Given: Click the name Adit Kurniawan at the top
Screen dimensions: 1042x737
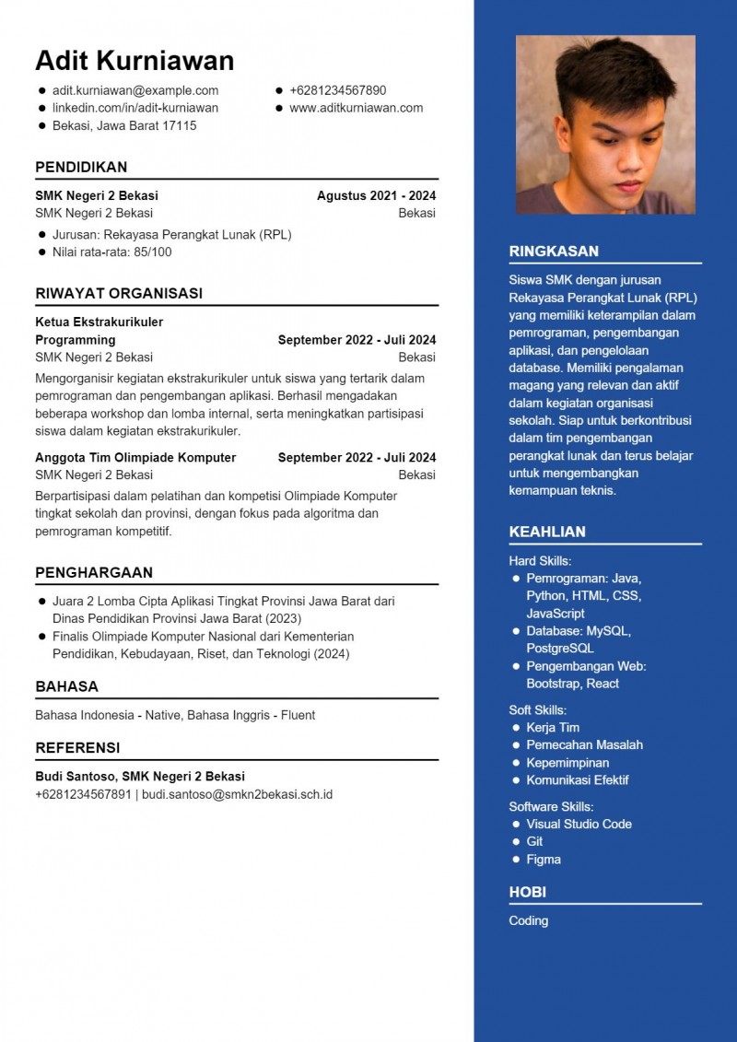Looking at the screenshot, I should coord(135,61).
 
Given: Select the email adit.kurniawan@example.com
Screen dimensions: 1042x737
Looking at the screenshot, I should coord(135,90).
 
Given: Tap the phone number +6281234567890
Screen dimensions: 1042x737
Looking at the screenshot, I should coord(338,90).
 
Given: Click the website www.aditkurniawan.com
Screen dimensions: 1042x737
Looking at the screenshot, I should coord(357,108).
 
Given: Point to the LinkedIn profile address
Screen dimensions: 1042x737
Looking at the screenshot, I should coord(135,108).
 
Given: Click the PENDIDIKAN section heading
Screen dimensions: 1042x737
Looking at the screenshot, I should coord(81,167).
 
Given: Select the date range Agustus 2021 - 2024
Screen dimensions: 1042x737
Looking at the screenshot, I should coord(376,195).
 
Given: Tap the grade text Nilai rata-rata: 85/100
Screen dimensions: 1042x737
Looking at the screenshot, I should coord(111,252).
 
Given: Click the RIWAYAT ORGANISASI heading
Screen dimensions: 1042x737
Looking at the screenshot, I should coord(119,293).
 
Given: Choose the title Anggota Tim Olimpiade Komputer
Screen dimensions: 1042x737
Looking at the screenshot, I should coord(135,457).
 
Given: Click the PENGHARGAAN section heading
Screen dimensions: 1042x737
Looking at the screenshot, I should coord(94,572).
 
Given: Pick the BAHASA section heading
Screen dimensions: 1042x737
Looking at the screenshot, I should coord(66,686).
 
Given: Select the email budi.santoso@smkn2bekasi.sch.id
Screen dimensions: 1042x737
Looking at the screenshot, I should coord(237,794).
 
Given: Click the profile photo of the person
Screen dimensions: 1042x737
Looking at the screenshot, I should coord(605,124).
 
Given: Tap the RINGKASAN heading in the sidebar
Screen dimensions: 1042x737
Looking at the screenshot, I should coord(554,251).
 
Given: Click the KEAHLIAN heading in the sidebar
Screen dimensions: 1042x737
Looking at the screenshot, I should coord(547,532).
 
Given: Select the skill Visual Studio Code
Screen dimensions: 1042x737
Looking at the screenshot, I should coord(579,824).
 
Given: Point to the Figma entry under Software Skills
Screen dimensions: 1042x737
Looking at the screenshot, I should coord(544,860).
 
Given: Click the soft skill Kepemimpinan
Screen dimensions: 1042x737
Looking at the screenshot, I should coord(567,763).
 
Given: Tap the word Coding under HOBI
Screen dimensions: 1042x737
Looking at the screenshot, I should coord(529,920).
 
